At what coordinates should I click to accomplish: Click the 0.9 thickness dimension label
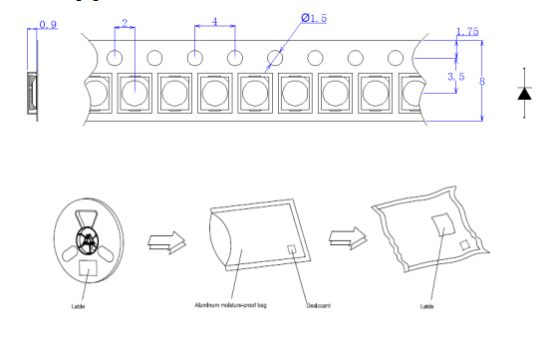48,25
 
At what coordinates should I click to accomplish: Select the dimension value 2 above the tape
125,23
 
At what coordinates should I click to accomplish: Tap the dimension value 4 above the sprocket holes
214,22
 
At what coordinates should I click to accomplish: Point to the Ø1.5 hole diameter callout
314,18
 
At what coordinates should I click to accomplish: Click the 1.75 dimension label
467,32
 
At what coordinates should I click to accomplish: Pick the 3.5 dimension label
456,77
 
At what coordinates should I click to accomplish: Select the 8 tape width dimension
482,82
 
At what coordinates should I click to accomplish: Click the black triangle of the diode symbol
524,94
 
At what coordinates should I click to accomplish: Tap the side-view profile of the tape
32,93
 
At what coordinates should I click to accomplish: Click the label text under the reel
78,306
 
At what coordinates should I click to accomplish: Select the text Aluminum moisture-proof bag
230,305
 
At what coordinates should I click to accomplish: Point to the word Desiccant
319,305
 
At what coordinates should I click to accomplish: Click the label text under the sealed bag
426,306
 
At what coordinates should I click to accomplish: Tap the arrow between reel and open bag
167,242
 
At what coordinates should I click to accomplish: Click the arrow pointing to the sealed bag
348,238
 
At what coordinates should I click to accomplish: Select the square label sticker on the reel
88,268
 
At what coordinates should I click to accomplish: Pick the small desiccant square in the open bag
292,249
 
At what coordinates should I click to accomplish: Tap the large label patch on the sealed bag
443,224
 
